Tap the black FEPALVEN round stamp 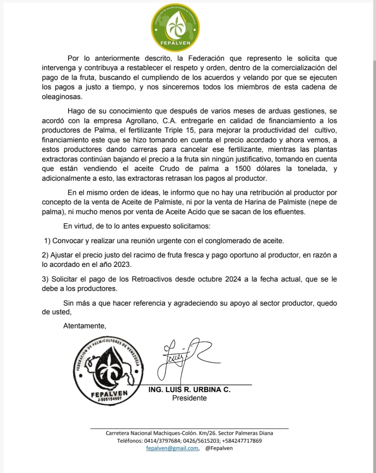[x=109, y=370]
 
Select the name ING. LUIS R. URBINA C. [x=189, y=389]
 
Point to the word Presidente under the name [x=189, y=398]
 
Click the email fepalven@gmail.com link [x=172, y=448]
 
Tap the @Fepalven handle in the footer [x=219, y=448]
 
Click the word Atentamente [x=85, y=326]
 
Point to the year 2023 [x=122, y=265]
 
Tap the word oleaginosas [x=62, y=97]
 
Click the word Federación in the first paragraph [x=206, y=58]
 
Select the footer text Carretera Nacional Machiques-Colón [x=151, y=433]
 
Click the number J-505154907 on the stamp [x=110, y=399]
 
